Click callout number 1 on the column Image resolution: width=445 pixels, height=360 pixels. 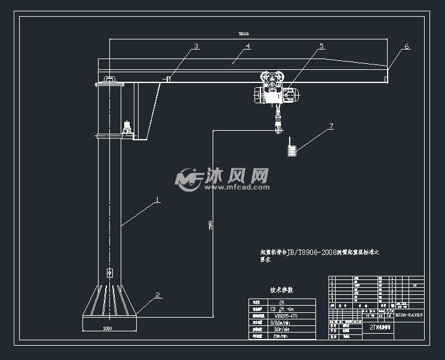coord(158,201)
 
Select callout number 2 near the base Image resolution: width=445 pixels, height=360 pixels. coord(158,294)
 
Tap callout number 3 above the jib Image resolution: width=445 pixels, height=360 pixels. coord(196,46)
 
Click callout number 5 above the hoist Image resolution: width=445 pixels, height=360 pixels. coord(321,46)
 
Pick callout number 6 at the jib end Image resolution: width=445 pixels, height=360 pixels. coord(407,46)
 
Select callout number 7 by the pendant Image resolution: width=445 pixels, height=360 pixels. coord(331,127)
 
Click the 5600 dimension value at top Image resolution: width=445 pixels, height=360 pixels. coord(244,34)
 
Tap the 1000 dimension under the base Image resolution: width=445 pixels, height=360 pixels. coord(108,328)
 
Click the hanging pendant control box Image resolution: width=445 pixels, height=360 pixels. coord(291,151)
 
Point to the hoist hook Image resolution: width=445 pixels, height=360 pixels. coord(278,127)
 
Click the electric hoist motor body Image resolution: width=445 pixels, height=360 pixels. coord(274,94)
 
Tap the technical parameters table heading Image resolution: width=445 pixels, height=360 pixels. coord(285,290)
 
